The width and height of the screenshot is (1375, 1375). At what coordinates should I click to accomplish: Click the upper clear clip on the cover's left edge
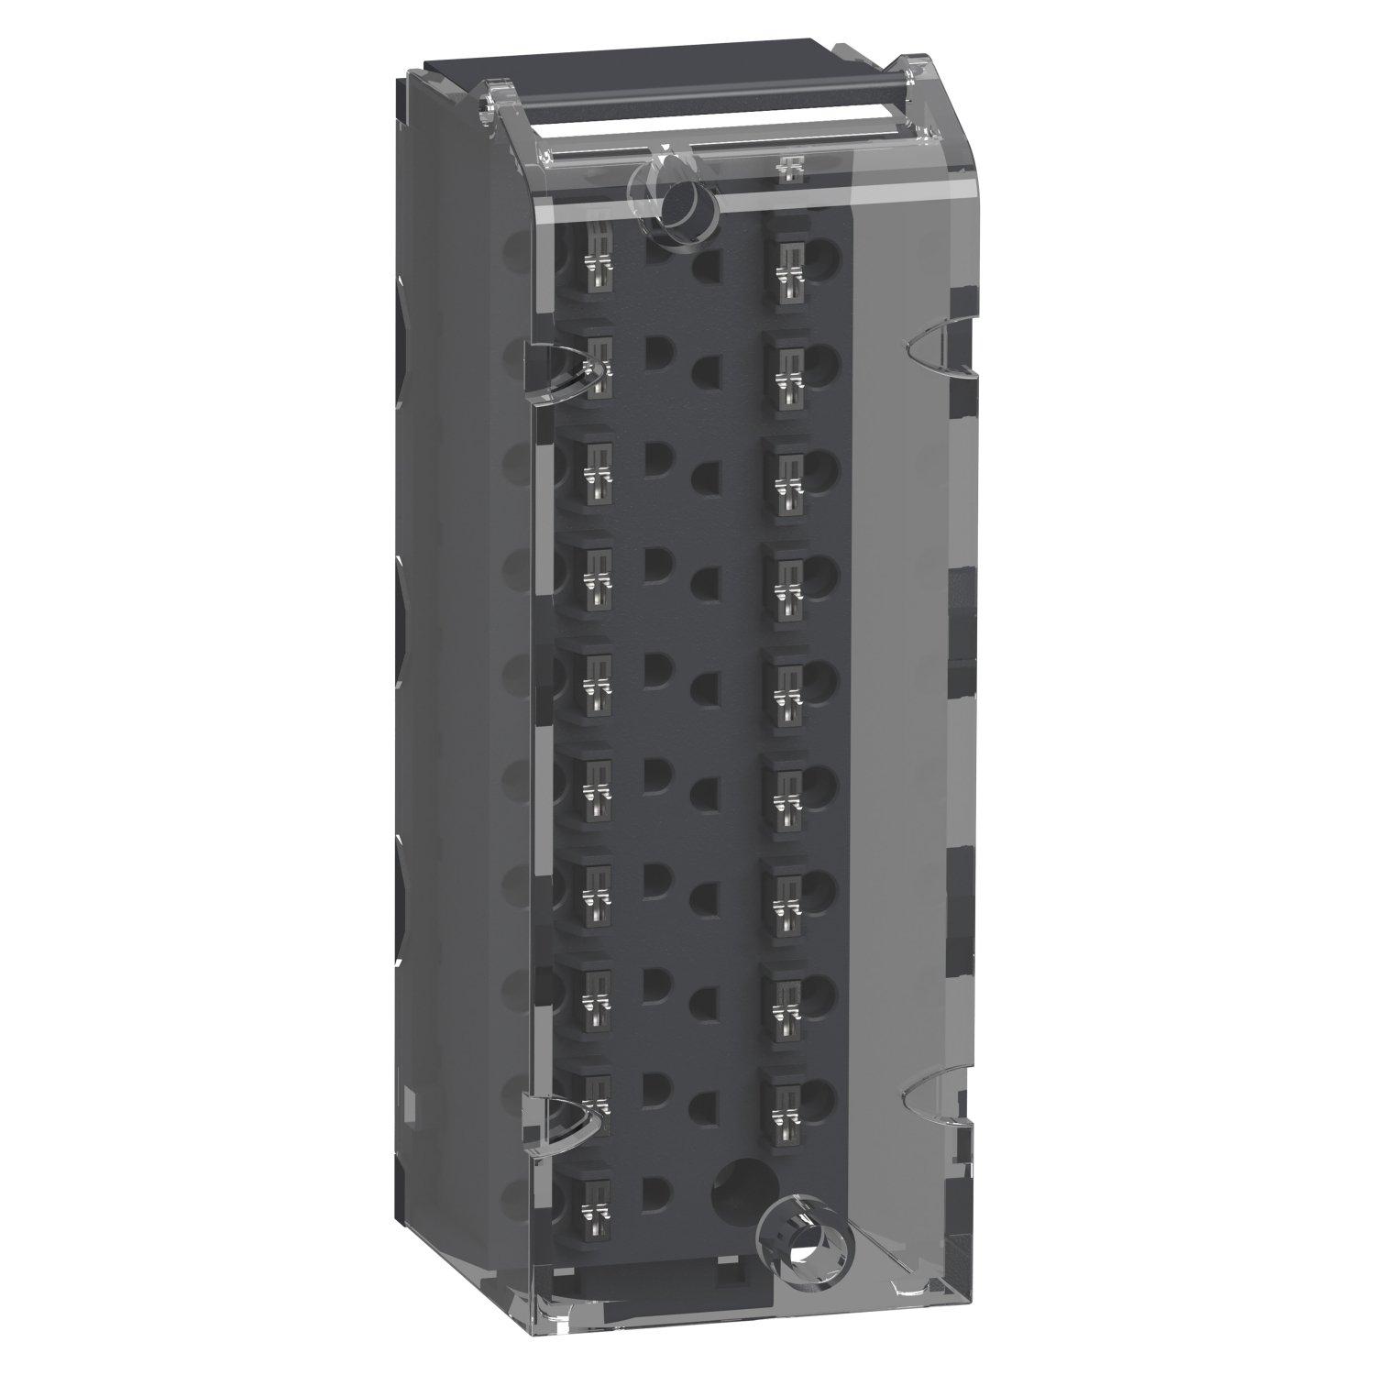[x=559, y=371]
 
